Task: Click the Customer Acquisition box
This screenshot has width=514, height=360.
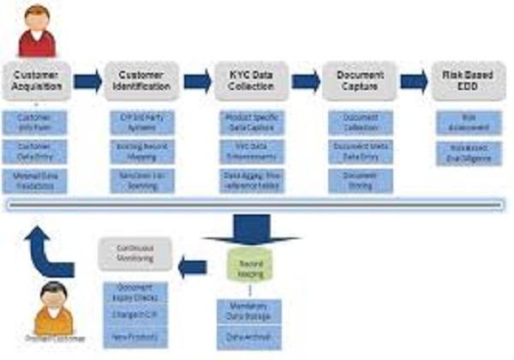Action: click(x=36, y=80)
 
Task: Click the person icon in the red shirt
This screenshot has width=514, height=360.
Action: click(x=37, y=29)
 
